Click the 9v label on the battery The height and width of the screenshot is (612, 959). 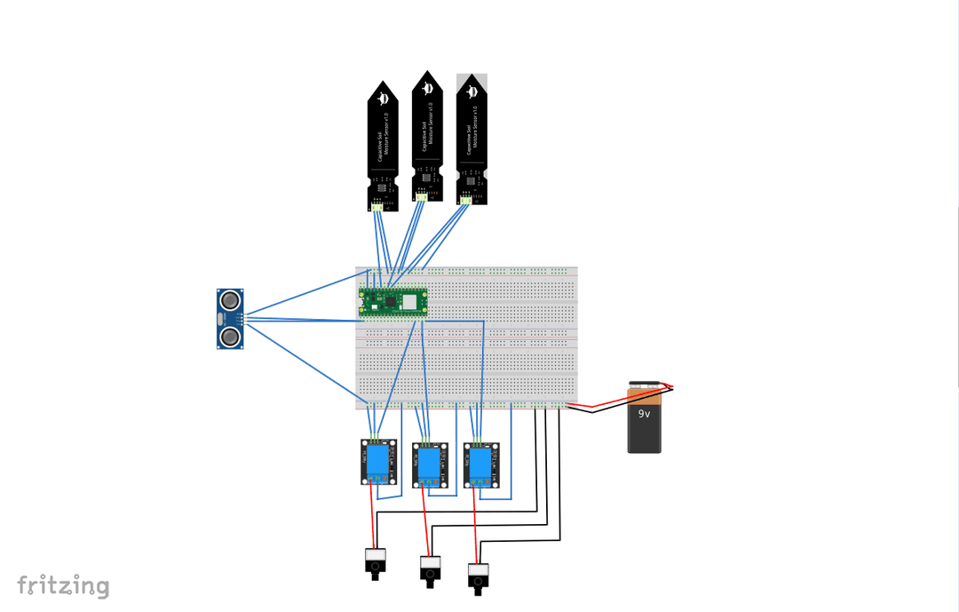click(645, 414)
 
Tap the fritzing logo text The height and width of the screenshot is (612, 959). click(63, 586)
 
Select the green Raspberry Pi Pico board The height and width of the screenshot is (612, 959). click(393, 302)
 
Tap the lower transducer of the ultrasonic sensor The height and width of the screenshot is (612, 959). click(230, 337)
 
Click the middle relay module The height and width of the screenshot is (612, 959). click(430, 464)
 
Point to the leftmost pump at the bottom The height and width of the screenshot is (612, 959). click(376, 562)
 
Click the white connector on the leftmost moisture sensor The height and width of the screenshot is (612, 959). click(377, 207)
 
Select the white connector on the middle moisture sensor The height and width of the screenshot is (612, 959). click(422, 198)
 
